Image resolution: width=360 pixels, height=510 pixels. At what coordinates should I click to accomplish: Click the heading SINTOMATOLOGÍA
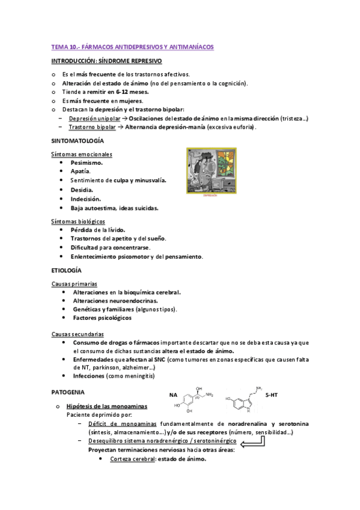click(x=78, y=141)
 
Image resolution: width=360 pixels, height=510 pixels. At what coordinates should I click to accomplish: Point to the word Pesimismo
click(x=87, y=162)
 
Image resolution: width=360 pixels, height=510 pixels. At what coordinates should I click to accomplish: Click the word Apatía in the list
click(x=81, y=171)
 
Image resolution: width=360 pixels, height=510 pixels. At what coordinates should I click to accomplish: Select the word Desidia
click(x=82, y=189)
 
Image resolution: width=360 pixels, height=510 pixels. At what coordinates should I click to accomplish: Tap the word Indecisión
click(x=85, y=198)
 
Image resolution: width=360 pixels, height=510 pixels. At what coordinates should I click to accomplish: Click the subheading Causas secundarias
click(x=78, y=333)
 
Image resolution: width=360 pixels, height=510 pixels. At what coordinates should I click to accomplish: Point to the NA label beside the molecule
click(x=172, y=396)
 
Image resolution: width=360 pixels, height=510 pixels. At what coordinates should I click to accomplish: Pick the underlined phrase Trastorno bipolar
click(x=91, y=127)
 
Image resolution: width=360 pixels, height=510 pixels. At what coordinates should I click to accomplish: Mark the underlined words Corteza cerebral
click(x=132, y=459)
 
